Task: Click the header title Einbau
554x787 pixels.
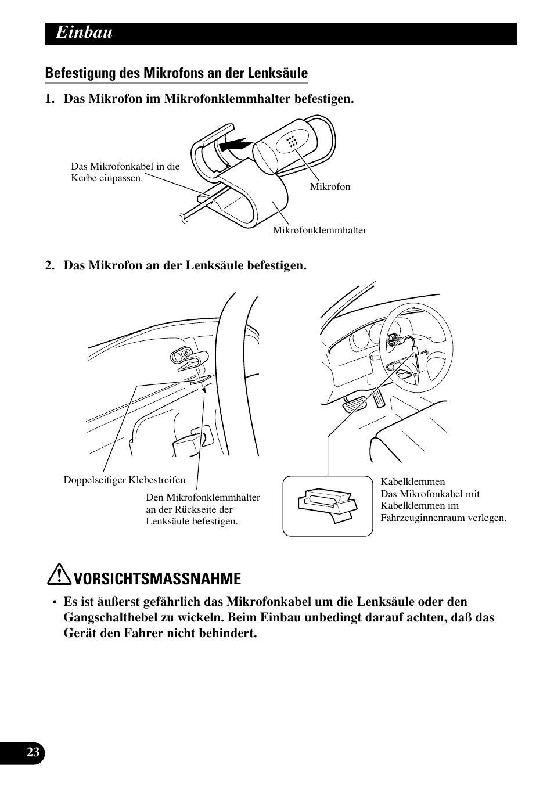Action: coord(84,33)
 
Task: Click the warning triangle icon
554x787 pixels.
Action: coord(60,574)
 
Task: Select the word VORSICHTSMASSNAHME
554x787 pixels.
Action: coord(158,578)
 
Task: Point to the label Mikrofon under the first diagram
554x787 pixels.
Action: coord(330,186)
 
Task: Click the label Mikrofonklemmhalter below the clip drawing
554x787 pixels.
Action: coord(320,230)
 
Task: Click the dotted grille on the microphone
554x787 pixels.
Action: coord(292,141)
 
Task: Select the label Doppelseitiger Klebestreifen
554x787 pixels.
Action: coord(124,480)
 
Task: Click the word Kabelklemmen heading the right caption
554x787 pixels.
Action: coord(412,481)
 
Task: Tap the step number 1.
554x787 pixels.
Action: coord(49,99)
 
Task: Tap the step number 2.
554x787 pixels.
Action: coord(49,265)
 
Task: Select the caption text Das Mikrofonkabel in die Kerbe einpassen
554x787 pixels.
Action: coord(125,172)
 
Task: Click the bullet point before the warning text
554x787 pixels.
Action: coord(55,603)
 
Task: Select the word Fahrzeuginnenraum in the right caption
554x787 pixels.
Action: coord(422,518)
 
